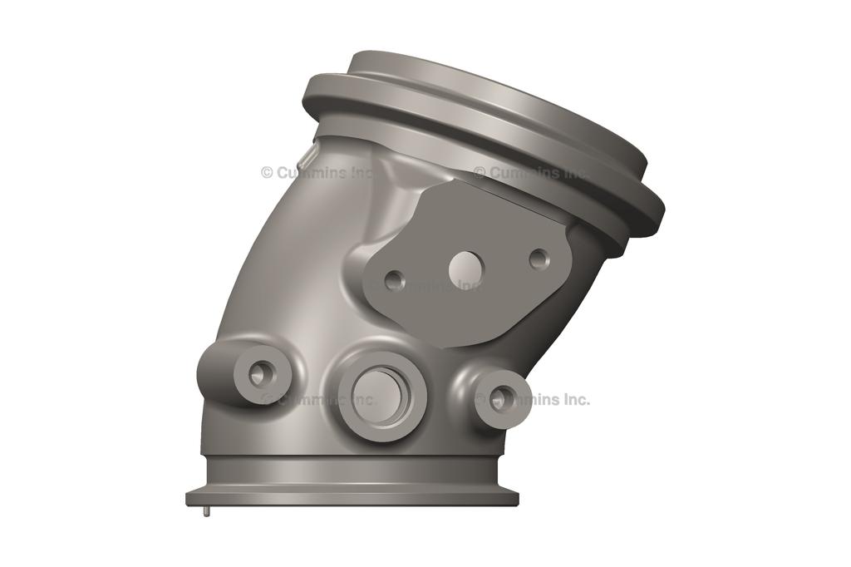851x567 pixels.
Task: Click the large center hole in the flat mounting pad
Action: [x=466, y=269]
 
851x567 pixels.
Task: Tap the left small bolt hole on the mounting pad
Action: [x=395, y=280]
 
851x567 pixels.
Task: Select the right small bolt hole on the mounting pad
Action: [x=539, y=259]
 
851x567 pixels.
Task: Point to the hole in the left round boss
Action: [x=258, y=375]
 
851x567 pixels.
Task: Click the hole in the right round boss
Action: [x=499, y=399]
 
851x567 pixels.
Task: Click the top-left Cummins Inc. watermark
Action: [x=317, y=173]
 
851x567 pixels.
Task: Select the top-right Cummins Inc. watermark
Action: [x=531, y=173]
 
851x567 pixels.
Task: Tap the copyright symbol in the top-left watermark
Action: [x=267, y=173]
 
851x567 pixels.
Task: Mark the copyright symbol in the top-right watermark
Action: [x=480, y=173]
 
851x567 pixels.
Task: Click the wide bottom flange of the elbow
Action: [x=352, y=497]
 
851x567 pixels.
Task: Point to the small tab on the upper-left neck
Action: [x=307, y=155]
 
